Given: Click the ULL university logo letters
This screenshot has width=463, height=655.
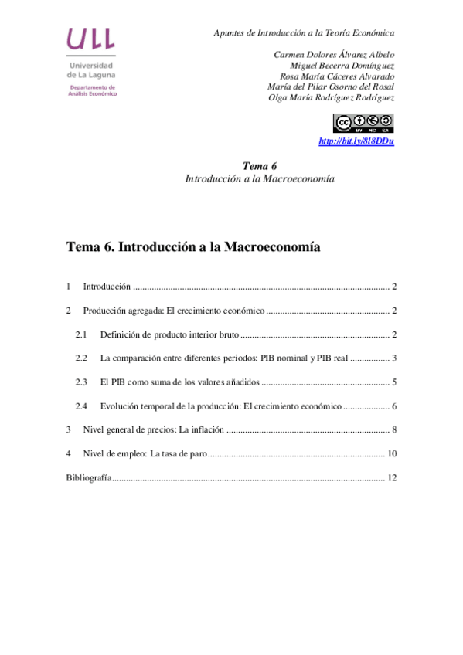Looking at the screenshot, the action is point(91,39).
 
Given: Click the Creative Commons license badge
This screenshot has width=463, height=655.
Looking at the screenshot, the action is point(363,123).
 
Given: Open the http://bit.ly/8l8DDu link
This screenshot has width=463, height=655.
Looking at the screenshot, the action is point(356,141).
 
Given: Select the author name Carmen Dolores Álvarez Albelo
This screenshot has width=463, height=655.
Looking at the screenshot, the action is point(334,55).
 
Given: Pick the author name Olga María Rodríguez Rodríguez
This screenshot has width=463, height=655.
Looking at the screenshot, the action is point(331,97).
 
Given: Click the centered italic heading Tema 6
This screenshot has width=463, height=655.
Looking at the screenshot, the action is point(259,166).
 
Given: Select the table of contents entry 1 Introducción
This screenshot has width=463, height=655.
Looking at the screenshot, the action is point(107,287).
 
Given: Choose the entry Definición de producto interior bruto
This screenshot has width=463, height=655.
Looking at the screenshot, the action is point(169,334).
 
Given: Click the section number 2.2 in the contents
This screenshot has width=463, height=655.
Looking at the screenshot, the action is point(81,358).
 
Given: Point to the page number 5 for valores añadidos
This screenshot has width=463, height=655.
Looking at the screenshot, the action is point(393,382).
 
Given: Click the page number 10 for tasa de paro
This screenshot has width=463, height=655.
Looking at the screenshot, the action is point(392,454).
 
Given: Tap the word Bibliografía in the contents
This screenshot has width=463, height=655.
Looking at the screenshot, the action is point(89,478).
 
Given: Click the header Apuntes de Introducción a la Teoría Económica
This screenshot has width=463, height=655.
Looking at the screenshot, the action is point(304,33).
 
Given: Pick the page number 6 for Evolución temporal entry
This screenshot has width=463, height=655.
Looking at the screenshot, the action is point(393,406).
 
